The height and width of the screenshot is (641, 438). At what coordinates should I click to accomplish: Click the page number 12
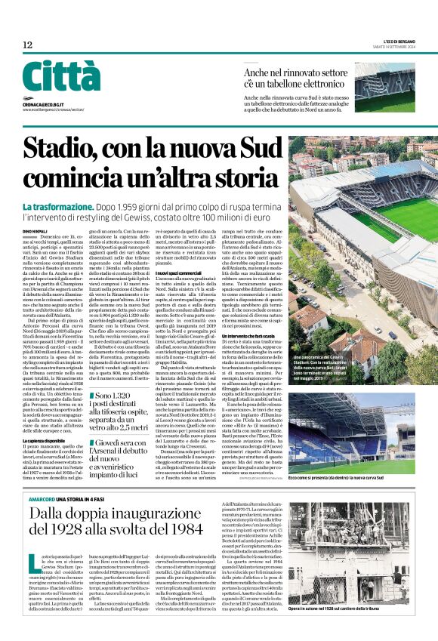[28, 45]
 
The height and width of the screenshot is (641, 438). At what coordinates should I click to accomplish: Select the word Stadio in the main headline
[62, 145]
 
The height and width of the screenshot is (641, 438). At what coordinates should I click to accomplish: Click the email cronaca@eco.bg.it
[45, 104]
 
